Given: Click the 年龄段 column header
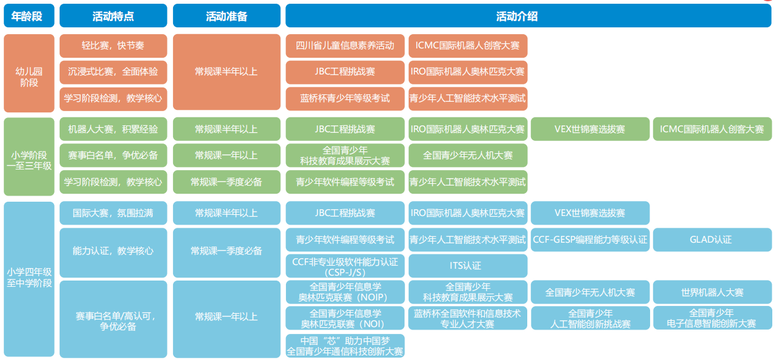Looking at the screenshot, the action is point(29,16).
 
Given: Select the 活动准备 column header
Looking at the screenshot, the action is point(226,16).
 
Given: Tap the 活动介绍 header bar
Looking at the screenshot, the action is point(528,16).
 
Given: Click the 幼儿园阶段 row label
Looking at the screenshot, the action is point(29,73).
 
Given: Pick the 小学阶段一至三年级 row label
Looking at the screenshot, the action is point(29,156).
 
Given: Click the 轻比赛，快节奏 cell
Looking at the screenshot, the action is point(114,46).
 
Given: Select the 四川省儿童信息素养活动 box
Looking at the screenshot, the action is point(345,46).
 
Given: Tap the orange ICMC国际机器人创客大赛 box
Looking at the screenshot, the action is point(468,46).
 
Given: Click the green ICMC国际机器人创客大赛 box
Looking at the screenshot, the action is point(712,129).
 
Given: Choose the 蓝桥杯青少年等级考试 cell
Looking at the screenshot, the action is point(345,99).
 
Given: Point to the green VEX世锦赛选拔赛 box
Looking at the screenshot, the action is point(590,129).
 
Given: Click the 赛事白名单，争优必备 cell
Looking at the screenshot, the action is point(114,155).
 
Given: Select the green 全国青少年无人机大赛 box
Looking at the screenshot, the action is point(468,155).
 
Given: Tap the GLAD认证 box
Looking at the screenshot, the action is point(712,240).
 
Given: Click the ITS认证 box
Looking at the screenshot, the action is point(468,266).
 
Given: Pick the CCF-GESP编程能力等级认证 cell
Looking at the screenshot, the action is point(590,240).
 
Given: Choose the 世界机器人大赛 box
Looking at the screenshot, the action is point(712,292).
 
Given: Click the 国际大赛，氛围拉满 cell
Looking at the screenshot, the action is point(114,213).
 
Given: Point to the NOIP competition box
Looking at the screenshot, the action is point(345,292).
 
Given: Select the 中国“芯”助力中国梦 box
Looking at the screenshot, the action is point(345,346).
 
